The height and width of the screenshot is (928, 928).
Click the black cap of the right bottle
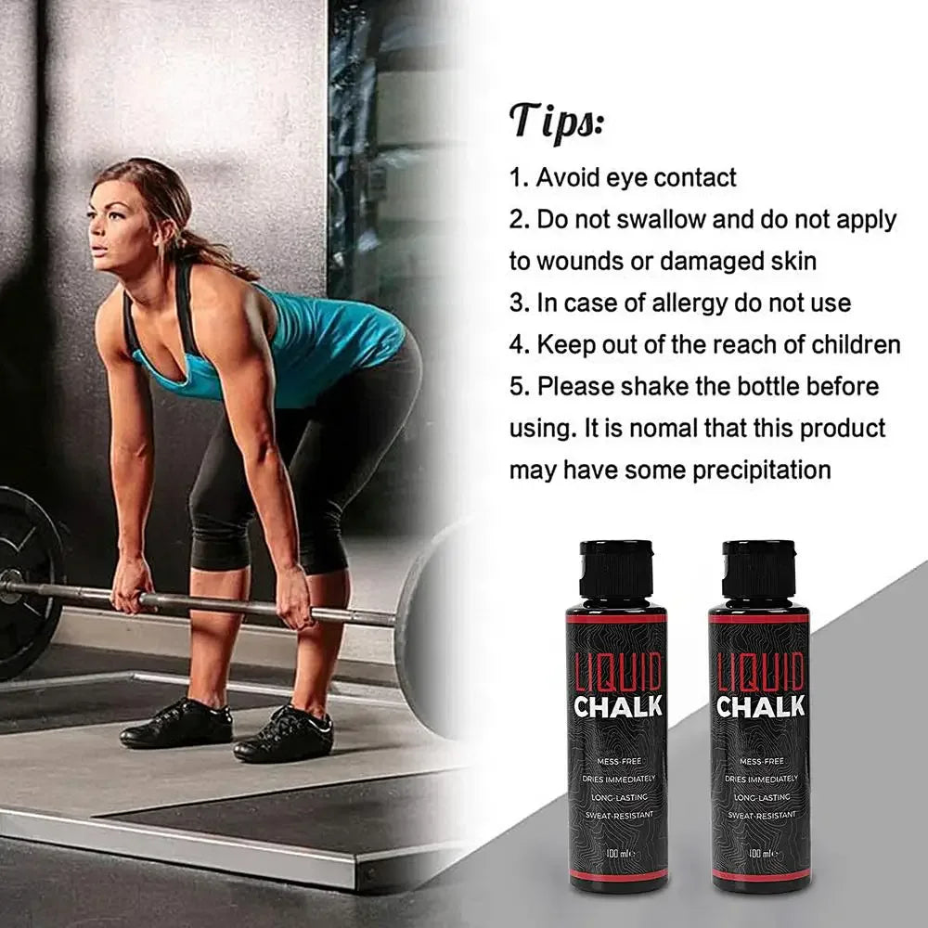point(759,569)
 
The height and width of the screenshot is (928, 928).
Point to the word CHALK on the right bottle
point(760,707)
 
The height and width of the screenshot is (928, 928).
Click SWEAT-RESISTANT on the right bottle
point(760,814)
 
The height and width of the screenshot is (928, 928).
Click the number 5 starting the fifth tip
point(517,387)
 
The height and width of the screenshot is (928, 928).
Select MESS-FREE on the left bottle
point(618,761)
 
